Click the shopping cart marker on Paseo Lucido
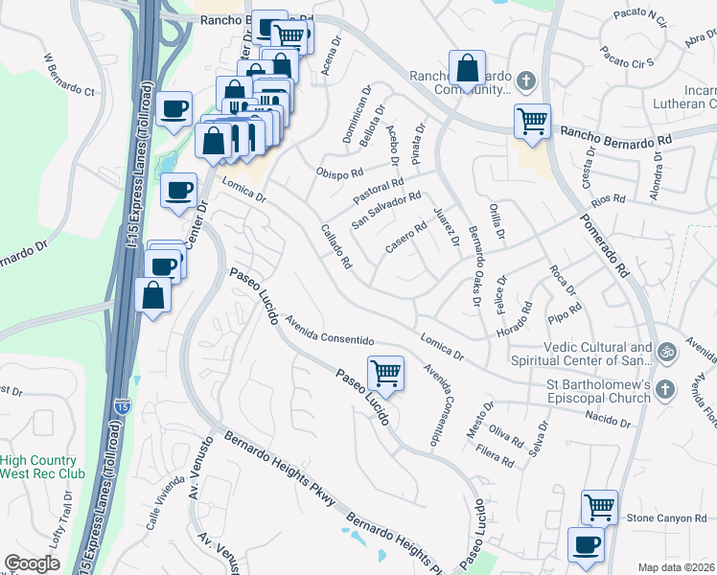[x=385, y=373]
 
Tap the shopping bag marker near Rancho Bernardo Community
[x=466, y=68]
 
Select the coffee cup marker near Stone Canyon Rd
[x=587, y=545]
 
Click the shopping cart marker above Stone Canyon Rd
[x=599, y=507]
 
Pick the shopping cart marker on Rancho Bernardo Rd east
[x=532, y=121]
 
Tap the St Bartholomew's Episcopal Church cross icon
[x=666, y=387]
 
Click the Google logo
[x=33, y=563]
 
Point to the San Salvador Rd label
[x=386, y=211]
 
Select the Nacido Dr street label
[x=609, y=418]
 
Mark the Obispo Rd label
[x=340, y=172]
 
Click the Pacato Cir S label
[x=627, y=57]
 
